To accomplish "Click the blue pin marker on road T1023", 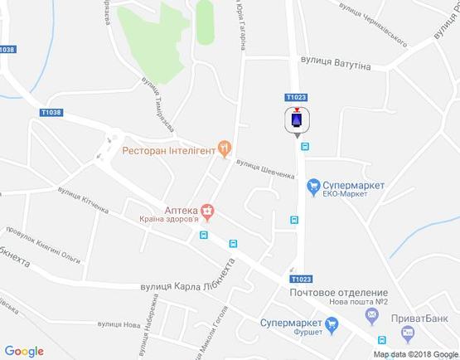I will coord(297,121).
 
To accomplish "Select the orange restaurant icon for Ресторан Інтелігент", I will coord(224,149).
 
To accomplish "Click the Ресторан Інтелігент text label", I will coord(168,150).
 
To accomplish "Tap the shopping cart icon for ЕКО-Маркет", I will coord(313,187).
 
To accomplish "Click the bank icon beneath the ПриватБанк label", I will coord(406,333).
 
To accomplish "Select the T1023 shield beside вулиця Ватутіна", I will coord(298,97).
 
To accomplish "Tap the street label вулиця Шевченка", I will coord(264,168).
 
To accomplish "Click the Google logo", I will coord(24,351).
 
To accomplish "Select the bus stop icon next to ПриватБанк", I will coord(381,339).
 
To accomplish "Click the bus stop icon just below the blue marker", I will coord(305,146).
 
